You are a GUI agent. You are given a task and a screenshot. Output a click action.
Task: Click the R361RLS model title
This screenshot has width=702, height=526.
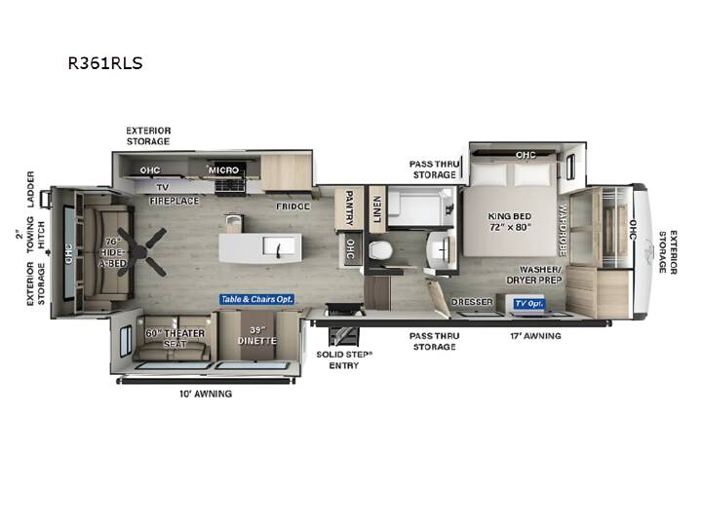(x=105, y=63)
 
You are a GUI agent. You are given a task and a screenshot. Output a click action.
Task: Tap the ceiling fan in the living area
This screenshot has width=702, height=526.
(x=143, y=251)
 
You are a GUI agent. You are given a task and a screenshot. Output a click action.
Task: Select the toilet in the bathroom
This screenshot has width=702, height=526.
(x=380, y=249)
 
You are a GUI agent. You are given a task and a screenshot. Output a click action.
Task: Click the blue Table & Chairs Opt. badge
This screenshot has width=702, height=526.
(x=256, y=299)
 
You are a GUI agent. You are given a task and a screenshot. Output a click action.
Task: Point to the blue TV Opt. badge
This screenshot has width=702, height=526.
(x=528, y=304)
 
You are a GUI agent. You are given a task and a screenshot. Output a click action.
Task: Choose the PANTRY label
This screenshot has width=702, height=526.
(x=349, y=207)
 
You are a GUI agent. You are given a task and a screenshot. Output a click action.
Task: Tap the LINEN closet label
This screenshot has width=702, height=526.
(x=376, y=209)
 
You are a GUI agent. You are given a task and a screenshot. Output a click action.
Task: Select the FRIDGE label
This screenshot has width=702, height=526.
(x=292, y=207)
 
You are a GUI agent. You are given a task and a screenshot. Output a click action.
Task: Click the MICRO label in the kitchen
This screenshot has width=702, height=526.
(x=224, y=169)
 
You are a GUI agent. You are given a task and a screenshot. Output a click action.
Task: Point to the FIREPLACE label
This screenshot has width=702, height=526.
(x=175, y=201)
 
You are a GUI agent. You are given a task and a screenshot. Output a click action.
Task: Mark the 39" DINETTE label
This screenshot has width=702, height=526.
(x=257, y=335)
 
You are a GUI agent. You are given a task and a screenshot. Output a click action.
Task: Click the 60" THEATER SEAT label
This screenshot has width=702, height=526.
(x=175, y=339)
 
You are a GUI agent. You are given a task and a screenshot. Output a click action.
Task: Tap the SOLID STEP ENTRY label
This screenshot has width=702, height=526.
(x=344, y=360)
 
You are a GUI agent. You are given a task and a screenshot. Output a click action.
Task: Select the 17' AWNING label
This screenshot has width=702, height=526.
(x=535, y=335)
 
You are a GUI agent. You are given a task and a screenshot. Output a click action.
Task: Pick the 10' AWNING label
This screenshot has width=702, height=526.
(x=206, y=394)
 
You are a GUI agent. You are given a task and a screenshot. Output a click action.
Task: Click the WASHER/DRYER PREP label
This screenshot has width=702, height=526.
(x=535, y=275)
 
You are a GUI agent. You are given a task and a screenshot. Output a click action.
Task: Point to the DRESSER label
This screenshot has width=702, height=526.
(x=472, y=302)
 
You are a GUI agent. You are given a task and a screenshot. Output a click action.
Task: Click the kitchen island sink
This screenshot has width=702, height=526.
(x=279, y=247)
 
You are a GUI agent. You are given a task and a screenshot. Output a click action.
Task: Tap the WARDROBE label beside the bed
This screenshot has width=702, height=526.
(x=563, y=230)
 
